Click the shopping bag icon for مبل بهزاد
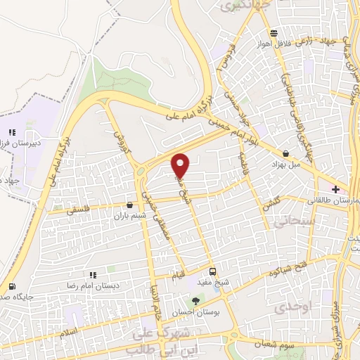(x=285, y=153)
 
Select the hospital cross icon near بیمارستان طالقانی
(x=336, y=188)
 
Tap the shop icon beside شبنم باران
(x=128, y=205)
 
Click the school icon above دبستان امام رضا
(x=92, y=275)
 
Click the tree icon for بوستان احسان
(x=195, y=300)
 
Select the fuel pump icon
(x=12, y=286)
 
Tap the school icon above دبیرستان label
(x=12, y=131)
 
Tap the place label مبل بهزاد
(x=286, y=164)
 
